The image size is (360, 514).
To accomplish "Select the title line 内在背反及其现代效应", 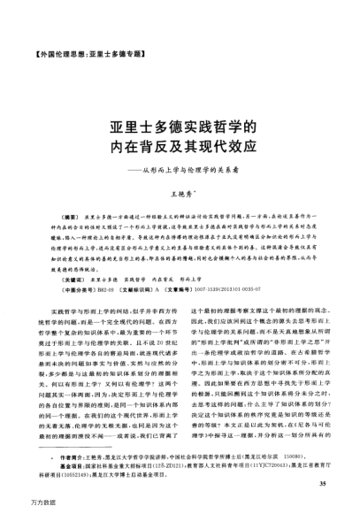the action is [180, 148].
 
